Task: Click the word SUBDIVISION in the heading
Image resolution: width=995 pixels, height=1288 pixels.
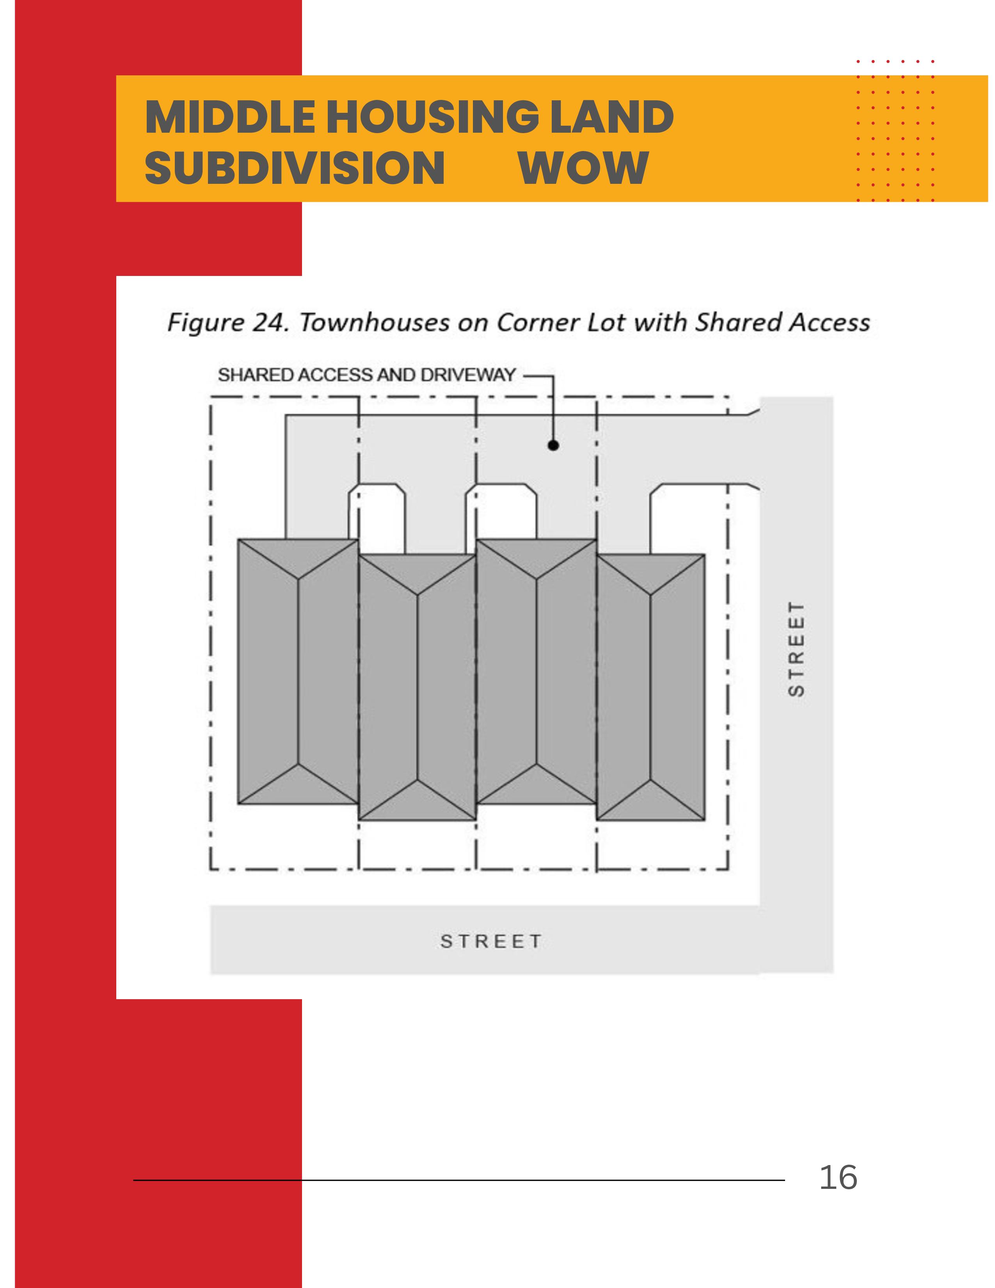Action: coord(294,168)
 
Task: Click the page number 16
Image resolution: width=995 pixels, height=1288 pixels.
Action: coord(838,1178)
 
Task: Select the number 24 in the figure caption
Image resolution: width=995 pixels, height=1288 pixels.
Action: coord(270,323)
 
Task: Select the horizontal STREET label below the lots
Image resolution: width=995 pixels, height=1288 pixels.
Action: coord(490,941)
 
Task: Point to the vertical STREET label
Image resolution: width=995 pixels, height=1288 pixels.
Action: coord(796,649)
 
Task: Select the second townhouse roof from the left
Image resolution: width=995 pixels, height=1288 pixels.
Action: coord(418,687)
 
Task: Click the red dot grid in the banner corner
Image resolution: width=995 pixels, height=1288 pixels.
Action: coord(895,130)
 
